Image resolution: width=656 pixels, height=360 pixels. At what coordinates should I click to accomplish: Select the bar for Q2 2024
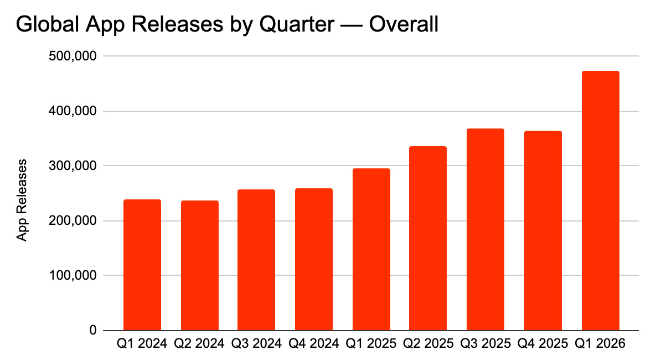click(199, 265)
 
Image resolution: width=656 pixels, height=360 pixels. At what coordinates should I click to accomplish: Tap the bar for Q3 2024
click(256, 260)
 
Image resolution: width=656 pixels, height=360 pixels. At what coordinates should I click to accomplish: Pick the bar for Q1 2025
click(371, 249)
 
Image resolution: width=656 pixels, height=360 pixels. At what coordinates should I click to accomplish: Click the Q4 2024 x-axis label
click(313, 344)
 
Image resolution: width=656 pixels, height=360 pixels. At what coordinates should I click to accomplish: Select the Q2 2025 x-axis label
click(428, 344)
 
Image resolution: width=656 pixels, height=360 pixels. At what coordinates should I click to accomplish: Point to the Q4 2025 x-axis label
click(543, 344)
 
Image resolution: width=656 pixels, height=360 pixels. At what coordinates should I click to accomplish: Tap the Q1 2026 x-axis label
click(600, 344)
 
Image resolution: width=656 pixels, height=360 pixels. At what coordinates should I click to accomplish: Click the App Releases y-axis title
click(22, 200)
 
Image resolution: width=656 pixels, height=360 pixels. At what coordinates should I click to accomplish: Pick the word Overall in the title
click(404, 25)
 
